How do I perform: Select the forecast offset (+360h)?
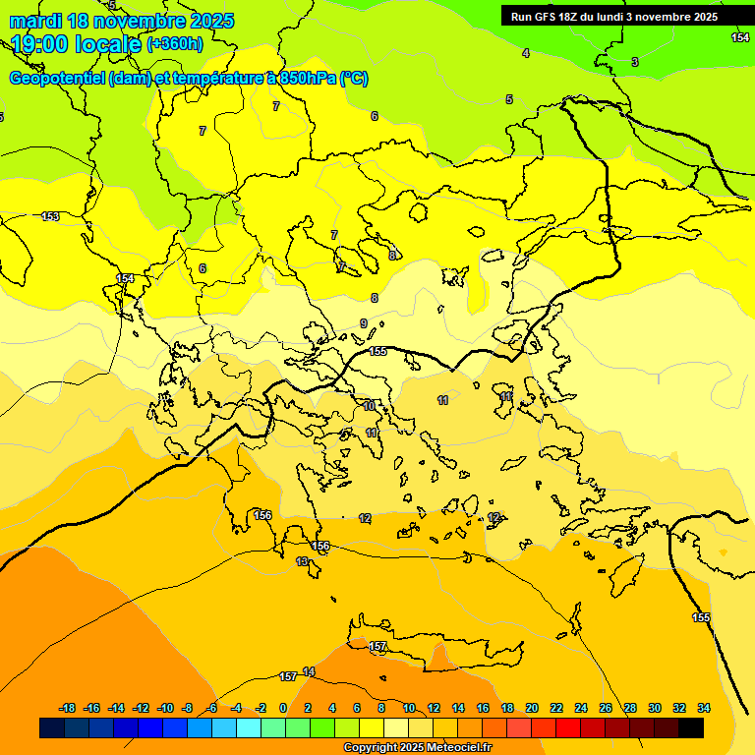[175, 44]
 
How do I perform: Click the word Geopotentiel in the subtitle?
[56, 79]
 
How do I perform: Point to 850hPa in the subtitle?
[308, 79]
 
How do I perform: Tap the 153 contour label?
[50, 216]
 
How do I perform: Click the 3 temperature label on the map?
[634, 62]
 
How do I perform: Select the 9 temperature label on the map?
[364, 323]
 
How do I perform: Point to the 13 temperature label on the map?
[302, 561]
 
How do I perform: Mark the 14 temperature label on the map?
[309, 671]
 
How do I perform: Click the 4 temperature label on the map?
[525, 53]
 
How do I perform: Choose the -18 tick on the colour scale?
[67, 708]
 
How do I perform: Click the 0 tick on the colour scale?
[283, 708]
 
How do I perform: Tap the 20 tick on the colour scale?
[532, 708]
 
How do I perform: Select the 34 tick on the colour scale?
[704, 708]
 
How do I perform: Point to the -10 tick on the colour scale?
[165, 708]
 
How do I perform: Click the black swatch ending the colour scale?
[691, 727]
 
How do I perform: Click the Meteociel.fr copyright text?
[417, 748]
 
